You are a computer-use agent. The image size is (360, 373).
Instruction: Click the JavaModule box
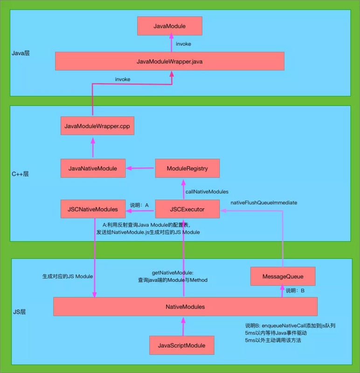click(169, 26)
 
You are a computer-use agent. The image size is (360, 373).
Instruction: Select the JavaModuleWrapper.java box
click(169, 61)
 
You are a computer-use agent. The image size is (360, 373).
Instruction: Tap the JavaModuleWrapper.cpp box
click(97, 126)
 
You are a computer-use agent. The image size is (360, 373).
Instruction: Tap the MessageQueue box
click(283, 276)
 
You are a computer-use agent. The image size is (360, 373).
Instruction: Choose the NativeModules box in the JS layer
click(185, 307)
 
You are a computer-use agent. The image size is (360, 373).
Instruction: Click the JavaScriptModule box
click(182, 345)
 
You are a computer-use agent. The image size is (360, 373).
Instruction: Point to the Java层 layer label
click(21, 54)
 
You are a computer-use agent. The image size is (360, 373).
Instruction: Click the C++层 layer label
click(20, 174)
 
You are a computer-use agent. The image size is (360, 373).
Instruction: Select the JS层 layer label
click(19, 311)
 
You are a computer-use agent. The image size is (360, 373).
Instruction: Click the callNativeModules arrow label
click(207, 192)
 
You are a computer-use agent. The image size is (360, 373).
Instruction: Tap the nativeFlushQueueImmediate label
click(264, 203)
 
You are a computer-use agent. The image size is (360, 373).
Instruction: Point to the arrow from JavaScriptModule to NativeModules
click(183, 326)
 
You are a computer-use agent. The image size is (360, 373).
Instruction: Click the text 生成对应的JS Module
click(68, 276)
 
